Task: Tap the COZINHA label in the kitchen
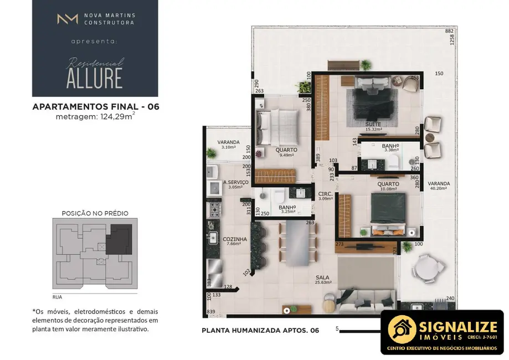235,239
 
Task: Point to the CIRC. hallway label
325,194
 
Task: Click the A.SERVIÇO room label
235,182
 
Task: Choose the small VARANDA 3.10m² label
228,142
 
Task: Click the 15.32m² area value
374,130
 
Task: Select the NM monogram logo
67,19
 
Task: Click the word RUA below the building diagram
57,297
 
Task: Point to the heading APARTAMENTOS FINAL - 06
96,106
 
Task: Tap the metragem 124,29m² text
95,116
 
